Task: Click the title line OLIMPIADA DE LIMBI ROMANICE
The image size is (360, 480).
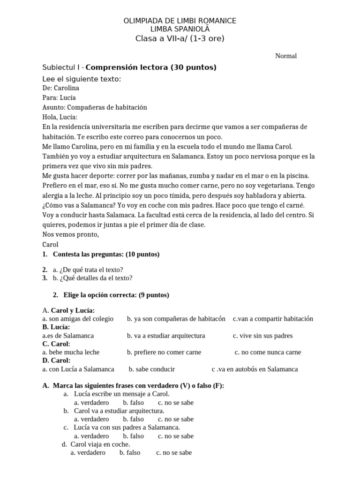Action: tap(180, 21)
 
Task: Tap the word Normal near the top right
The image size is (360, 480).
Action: tap(286, 56)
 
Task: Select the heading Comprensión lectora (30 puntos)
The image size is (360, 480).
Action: tap(151, 67)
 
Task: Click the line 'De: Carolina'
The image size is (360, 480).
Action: tap(60, 88)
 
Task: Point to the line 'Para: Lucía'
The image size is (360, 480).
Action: tap(59, 97)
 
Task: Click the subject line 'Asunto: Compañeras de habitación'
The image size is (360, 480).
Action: tap(94, 107)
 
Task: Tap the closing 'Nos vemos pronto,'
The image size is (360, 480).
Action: tap(70, 234)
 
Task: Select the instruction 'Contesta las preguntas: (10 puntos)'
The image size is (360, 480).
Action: tap(106, 254)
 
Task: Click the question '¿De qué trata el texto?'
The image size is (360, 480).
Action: tap(88, 270)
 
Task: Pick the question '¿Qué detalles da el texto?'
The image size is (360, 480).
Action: tap(93, 278)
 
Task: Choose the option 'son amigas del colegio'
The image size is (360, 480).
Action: tap(78, 319)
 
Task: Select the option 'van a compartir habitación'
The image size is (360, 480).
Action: tap(273, 319)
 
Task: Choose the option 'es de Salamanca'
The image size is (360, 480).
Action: tap(68, 336)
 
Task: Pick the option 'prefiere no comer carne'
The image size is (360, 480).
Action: tap(164, 352)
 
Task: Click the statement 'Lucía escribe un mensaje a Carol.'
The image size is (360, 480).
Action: tap(122, 394)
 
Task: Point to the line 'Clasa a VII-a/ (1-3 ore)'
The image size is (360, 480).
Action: tap(180, 38)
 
